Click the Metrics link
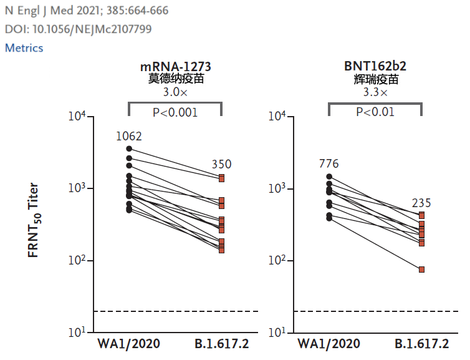click(24, 48)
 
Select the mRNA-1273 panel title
click(175, 67)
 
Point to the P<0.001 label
click(175, 112)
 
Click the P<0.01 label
click(375, 112)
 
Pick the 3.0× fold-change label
click(175, 92)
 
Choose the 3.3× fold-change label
click(375, 92)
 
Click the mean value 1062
click(129, 136)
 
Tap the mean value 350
click(221, 165)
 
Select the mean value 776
click(329, 164)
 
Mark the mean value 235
click(421, 203)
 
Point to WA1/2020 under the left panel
click(128, 344)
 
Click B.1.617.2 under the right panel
click(421, 344)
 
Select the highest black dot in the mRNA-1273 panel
click(129, 148)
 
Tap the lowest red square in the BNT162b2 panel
click(422, 270)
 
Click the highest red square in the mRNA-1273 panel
click(221, 178)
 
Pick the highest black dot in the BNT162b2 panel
click(329, 177)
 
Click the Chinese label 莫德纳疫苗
click(175, 79)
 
